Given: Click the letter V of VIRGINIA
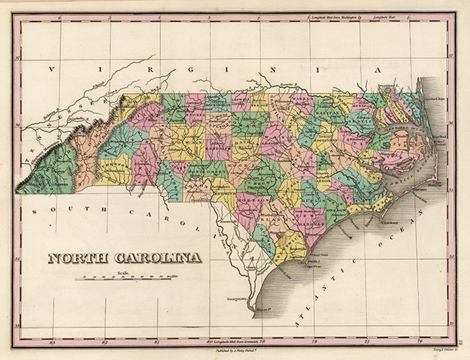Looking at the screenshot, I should click(51, 70).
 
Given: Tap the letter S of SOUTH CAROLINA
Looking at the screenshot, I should click(36, 209).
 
